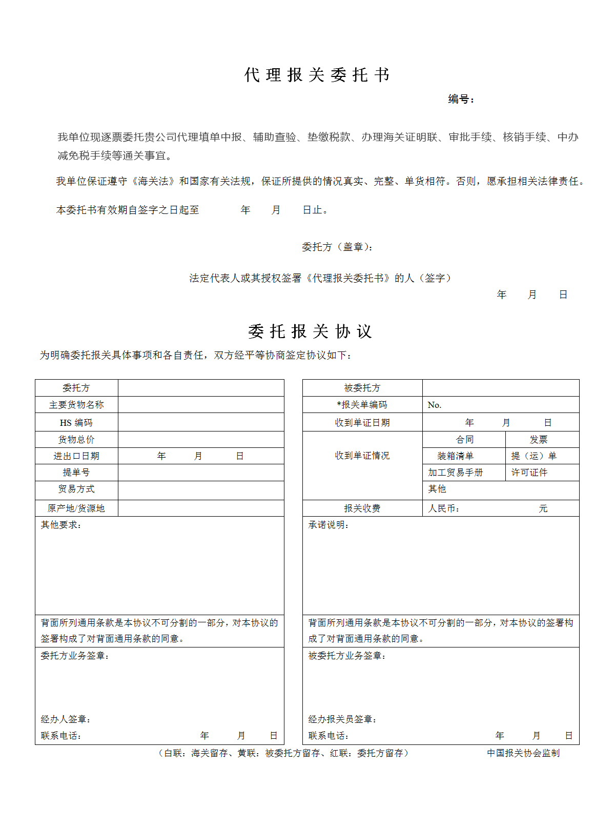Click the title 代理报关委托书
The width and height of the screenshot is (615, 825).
click(x=317, y=75)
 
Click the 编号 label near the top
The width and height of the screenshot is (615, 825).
click(x=461, y=99)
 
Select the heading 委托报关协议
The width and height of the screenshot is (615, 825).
click(x=310, y=331)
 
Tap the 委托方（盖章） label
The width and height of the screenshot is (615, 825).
click(x=337, y=247)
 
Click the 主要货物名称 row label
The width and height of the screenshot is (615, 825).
click(x=76, y=405)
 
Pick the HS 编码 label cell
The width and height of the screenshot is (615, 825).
click(x=76, y=423)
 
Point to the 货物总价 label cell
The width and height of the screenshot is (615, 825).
click(x=76, y=440)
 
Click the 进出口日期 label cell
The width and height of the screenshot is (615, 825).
click(x=76, y=456)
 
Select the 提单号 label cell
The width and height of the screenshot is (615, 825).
click(x=76, y=473)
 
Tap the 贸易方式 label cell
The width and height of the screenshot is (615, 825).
click(x=76, y=489)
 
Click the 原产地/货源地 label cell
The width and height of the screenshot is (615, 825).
click(x=76, y=508)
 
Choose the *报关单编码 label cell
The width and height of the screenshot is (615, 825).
click(x=362, y=405)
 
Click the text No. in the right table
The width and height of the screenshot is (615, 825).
click(x=435, y=405)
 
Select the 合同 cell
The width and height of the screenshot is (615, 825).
click(x=464, y=440)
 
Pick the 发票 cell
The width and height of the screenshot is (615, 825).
click(x=539, y=440)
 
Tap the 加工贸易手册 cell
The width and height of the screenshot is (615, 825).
click(x=456, y=473)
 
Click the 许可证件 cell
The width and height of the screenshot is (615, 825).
click(x=529, y=473)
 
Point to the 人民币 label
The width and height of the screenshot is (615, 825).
click(x=443, y=508)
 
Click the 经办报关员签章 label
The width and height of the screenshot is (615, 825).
click(x=342, y=719)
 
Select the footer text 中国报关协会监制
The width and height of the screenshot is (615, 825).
click(x=523, y=753)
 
